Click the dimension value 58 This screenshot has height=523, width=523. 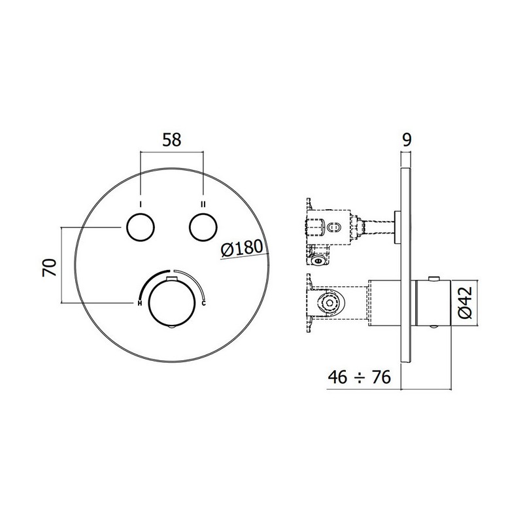[x=171, y=140]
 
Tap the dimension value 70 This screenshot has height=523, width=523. [x=50, y=267]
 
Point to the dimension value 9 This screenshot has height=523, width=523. [x=407, y=140]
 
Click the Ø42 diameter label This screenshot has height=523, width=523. [x=465, y=302]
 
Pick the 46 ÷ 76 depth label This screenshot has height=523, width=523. [x=359, y=377]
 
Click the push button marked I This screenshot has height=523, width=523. [x=141, y=227]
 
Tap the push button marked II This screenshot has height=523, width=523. [x=203, y=227]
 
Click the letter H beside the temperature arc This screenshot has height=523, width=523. [x=140, y=303]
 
